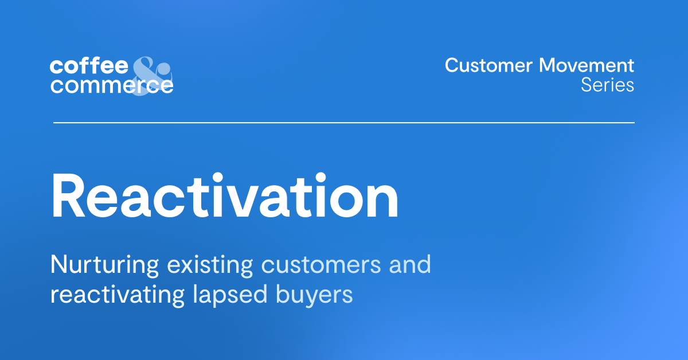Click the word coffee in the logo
point(89,66)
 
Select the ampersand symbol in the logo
point(151,75)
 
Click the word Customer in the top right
point(489,65)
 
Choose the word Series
point(607,85)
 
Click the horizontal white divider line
point(344,123)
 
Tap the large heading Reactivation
point(225,196)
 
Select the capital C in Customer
point(452,65)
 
